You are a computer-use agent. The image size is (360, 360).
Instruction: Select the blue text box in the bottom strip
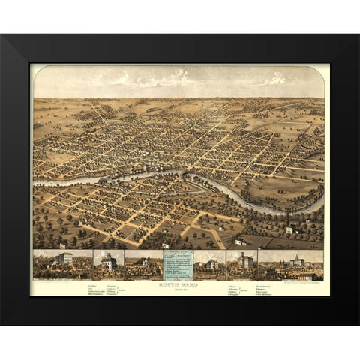179,265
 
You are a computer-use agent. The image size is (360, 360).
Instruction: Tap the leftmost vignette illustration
62,265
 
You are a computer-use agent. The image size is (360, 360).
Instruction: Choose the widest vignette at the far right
292,265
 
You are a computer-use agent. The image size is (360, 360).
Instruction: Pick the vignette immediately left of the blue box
143,265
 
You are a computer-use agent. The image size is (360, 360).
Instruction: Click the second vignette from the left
109,265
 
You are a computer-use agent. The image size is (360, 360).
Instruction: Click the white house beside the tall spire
289,229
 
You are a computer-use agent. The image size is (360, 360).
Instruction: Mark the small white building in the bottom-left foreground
63,245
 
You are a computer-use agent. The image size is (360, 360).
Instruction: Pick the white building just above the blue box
164,245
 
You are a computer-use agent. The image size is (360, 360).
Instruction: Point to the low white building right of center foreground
238,241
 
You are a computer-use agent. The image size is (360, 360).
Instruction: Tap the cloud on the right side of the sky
275,78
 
